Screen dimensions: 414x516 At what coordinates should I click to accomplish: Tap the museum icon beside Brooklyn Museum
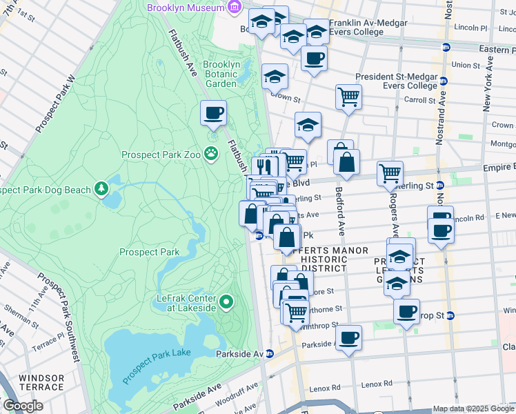pos(235,8)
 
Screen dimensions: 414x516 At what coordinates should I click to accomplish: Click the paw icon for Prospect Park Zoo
pos(211,155)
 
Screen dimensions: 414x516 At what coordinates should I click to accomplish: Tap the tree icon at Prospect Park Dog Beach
pos(102,188)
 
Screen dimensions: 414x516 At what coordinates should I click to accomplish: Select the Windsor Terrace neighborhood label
pos(41,384)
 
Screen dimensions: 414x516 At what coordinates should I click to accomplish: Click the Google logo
pos(23,406)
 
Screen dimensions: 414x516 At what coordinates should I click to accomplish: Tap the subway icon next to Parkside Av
pos(270,354)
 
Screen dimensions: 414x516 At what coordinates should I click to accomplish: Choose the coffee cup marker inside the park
pos(213,112)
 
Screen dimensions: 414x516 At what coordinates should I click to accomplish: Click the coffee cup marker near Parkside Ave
pos(349,338)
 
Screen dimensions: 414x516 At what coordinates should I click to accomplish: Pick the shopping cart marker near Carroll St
pos(349,96)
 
